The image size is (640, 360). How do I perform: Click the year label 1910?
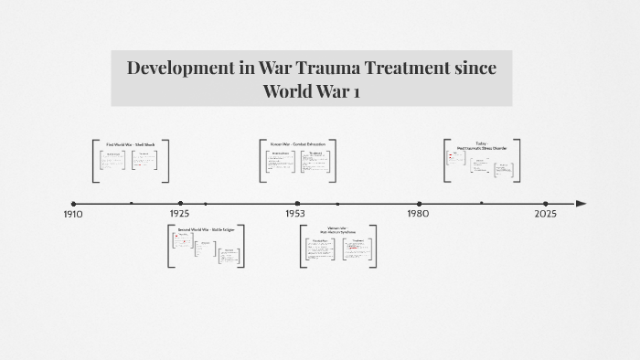coord(73,214)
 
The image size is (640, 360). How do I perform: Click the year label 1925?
coord(179,213)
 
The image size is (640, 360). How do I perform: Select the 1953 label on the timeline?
coord(294,213)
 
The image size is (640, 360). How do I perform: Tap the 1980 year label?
coord(418,213)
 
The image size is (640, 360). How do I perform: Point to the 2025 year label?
coord(545,213)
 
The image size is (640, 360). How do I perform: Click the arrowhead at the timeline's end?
coord(581,203)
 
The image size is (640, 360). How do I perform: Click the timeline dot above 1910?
coord(73,204)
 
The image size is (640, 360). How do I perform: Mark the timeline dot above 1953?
coord(298,204)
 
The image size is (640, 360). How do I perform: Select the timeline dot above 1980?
coord(420,204)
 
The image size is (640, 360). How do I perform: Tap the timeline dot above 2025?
coord(546,204)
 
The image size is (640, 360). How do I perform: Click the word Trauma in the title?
coord(341,68)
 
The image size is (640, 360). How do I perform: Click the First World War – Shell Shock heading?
coord(131,144)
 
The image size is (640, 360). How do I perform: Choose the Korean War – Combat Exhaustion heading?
coord(297,144)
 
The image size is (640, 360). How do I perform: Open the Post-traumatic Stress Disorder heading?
coord(482,146)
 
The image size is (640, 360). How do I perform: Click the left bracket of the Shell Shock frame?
coord(95,160)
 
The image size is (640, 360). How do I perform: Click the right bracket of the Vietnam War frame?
coord(373,246)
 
